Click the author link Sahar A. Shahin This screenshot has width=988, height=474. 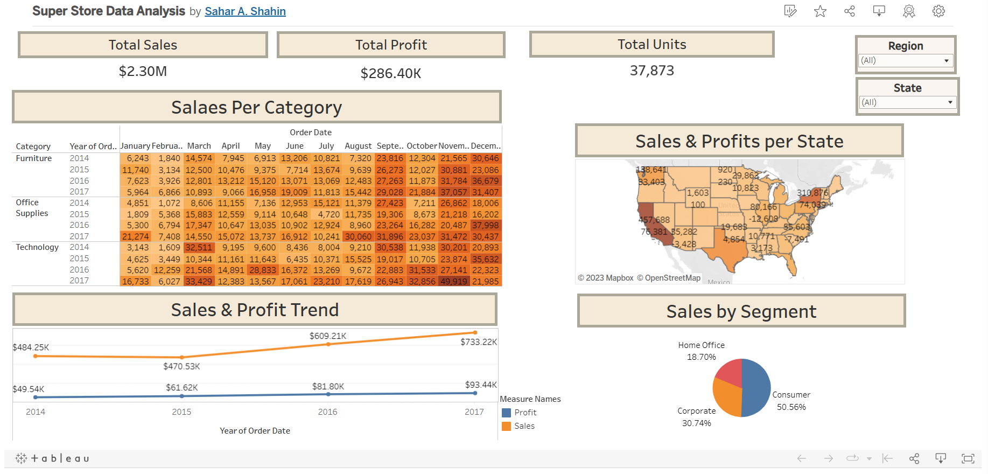(245, 11)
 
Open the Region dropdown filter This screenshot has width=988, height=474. (906, 60)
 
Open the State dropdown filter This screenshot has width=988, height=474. (907, 102)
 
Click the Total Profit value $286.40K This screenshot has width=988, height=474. (391, 73)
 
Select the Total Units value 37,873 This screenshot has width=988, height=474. (651, 71)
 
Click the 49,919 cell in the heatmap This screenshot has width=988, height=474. (453, 281)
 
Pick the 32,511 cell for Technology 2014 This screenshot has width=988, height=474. (199, 248)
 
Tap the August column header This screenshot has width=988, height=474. (358, 146)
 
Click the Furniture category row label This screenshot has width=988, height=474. (34, 158)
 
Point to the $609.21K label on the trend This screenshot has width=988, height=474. (327, 336)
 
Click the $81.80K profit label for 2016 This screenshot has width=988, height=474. (328, 387)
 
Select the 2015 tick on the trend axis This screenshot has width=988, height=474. (181, 412)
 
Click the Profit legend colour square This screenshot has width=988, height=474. (506, 413)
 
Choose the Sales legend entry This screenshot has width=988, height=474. (524, 426)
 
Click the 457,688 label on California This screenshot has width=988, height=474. (654, 220)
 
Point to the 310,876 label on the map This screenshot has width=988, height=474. (812, 193)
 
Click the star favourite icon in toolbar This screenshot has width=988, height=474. (820, 11)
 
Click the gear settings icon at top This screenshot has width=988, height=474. (938, 11)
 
